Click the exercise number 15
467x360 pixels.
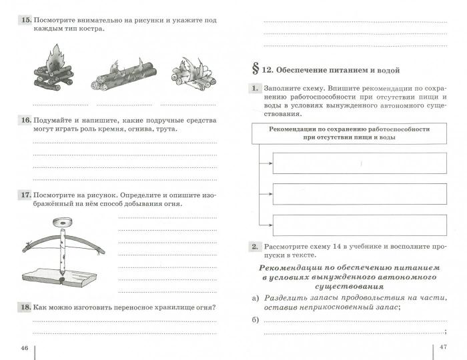26,21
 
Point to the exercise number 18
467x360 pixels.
26,307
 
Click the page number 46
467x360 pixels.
25,348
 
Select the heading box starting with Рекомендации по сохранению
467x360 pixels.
348,133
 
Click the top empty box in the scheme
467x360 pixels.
360,163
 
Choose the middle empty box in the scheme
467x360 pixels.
360,194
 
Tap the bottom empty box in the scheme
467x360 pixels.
360,225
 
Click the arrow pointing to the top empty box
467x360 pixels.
266,163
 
